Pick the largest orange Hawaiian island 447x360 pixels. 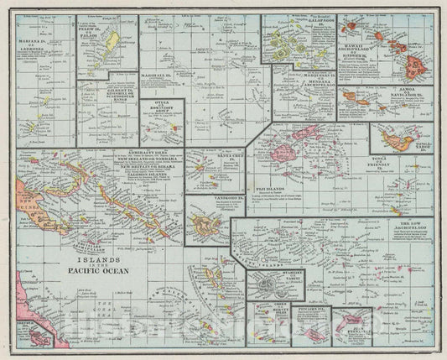[412, 80]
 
